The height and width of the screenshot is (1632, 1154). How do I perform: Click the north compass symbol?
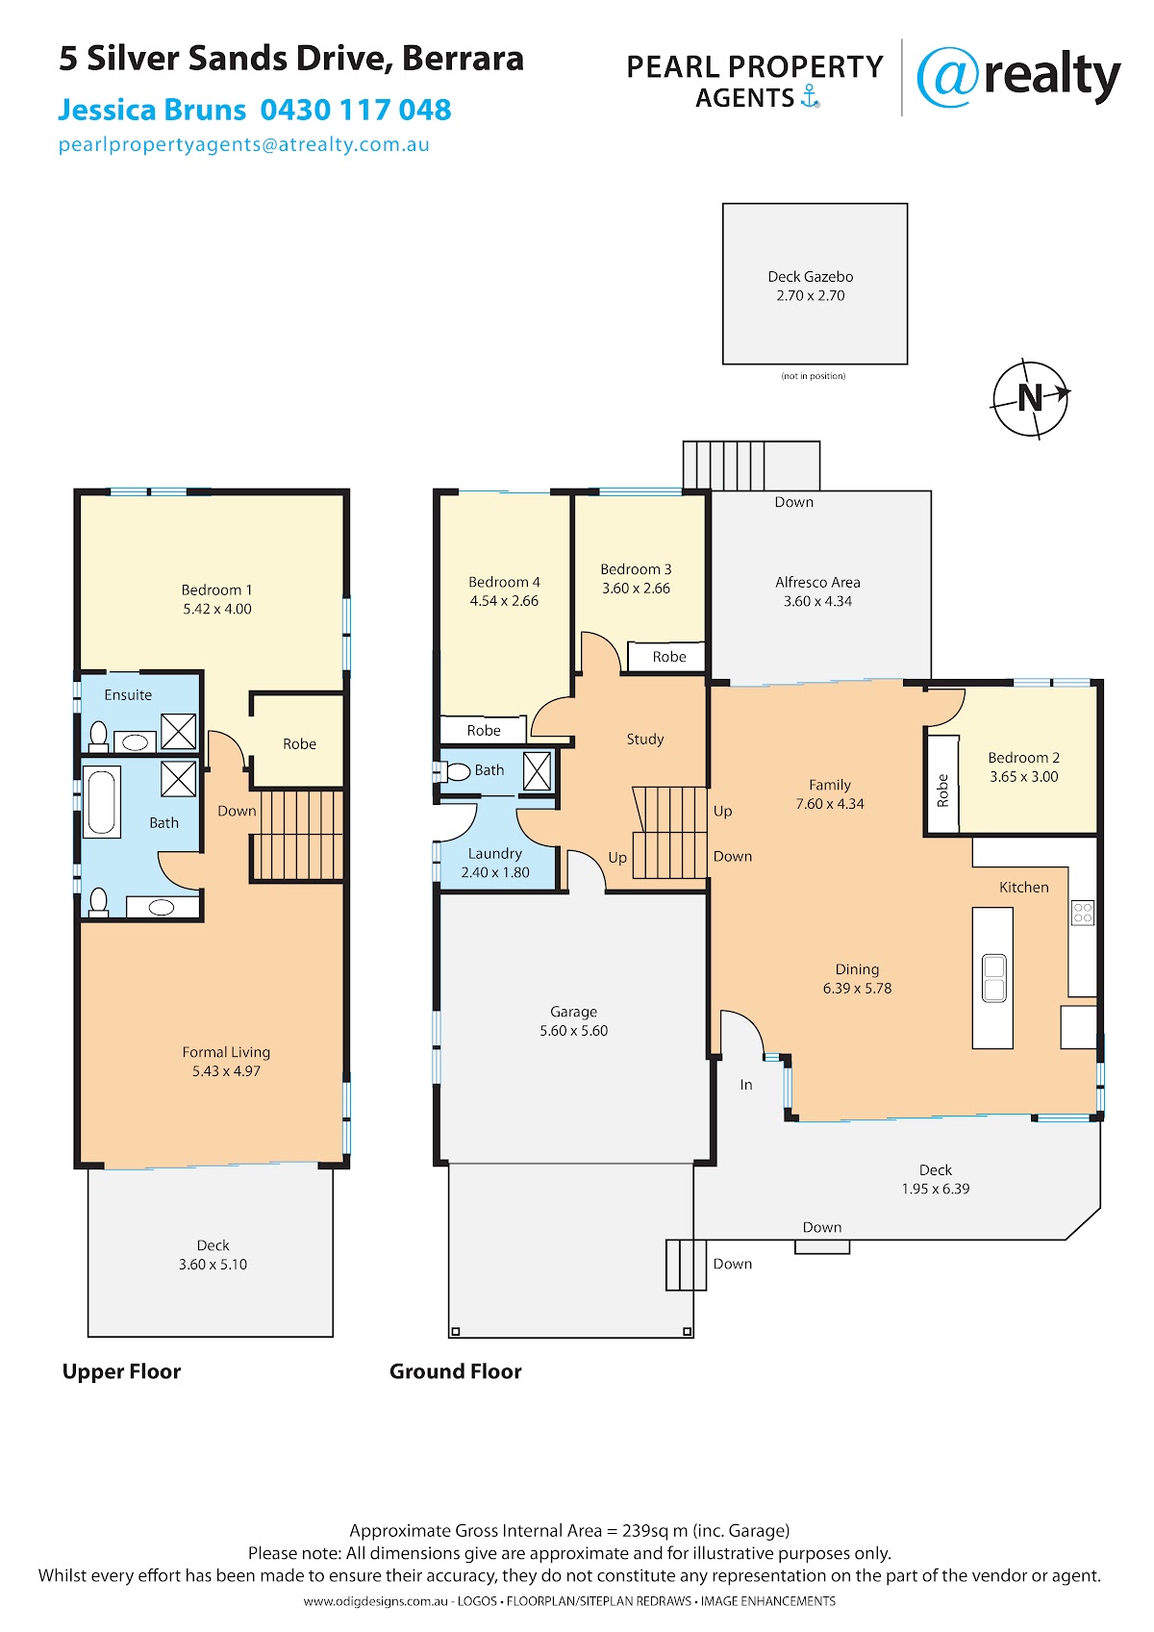point(1029,398)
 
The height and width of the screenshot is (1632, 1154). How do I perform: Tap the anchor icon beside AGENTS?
point(810,96)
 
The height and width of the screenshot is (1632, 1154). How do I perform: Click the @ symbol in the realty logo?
point(947,77)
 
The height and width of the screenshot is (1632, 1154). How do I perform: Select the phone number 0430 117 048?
point(356,110)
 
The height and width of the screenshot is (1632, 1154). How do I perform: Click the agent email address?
point(244,144)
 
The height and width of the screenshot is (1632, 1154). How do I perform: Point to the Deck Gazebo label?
point(810,277)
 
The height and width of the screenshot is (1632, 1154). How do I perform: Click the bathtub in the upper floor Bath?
point(101,801)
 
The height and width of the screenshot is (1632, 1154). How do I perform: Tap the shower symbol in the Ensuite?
point(179,732)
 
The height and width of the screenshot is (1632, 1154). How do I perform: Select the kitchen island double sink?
point(993,978)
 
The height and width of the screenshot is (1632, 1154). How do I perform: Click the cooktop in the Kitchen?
point(1083,913)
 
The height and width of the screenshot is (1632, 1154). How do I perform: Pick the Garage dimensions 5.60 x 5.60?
point(573,1030)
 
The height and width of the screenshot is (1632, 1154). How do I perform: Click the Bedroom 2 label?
point(1023,758)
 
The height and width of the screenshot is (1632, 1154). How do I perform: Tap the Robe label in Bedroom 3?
point(668,657)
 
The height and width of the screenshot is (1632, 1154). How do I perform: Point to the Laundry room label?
point(494,853)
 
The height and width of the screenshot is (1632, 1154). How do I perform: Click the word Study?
point(644,740)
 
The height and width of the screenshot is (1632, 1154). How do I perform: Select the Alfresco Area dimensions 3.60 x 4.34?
point(817,601)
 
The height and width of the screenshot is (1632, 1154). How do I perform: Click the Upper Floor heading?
point(121,1371)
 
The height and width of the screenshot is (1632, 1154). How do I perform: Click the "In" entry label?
point(746,1085)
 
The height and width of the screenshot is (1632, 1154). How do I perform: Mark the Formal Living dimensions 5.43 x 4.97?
point(226,1071)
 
